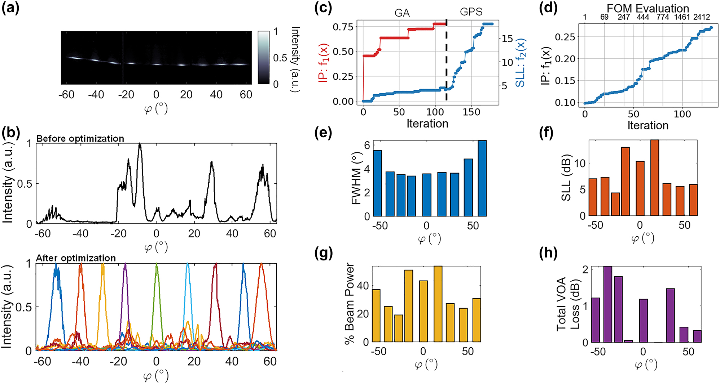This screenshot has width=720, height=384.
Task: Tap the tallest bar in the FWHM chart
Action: (x=482, y=178)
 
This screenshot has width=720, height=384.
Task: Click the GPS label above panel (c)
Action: (x=471, y=12)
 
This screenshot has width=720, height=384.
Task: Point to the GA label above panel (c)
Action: (x=402, y=13)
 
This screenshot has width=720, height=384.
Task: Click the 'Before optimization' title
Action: (x=80, y=138)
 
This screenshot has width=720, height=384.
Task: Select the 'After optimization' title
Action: (x=76, y=258)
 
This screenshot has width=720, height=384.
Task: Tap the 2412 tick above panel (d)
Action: (x=701, y=17)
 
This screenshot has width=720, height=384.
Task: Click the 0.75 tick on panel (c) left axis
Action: (x=343, y=27)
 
